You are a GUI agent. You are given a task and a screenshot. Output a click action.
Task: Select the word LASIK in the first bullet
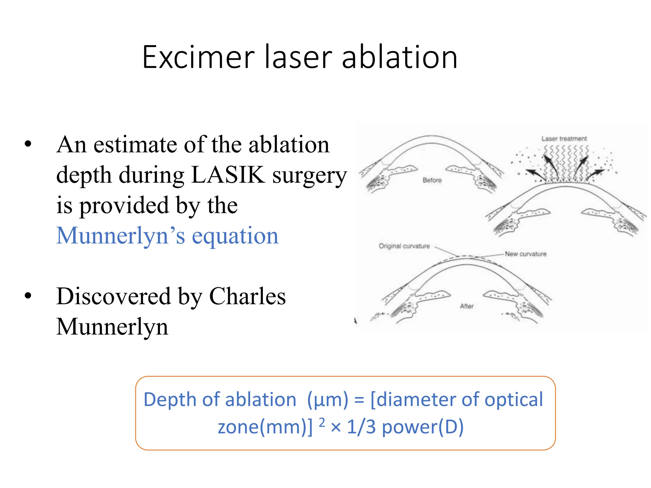(x=228, y=174)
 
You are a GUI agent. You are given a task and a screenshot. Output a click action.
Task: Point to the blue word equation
(x=235, y=236)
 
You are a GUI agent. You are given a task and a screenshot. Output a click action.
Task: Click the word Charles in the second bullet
(x=247, y=296)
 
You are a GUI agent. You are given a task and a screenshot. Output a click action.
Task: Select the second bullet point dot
(x=28, y=296)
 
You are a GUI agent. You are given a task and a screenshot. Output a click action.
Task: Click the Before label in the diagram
(x=432, y=180)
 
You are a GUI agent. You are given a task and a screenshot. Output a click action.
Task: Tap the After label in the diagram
(x=467, y=306)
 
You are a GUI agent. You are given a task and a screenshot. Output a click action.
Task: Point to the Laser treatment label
(x=564, y=139)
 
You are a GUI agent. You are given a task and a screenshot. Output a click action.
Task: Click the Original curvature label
(x=404, y=246)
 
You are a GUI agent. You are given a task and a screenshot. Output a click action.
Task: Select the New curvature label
(x=526, y=254)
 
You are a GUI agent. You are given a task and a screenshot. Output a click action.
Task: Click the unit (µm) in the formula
(x=328, y=399)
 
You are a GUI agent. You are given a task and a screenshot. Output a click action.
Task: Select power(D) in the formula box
(x=423, y=427)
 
